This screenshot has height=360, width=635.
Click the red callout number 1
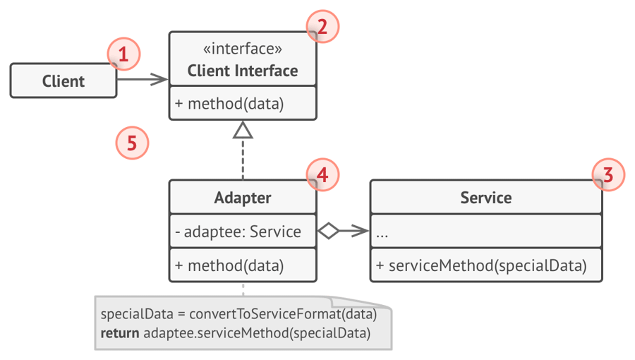click(123, 54)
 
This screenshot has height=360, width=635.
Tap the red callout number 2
click(322, 27)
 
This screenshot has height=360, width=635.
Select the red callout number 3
click(608, 175)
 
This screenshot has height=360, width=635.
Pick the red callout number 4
click(322, 175)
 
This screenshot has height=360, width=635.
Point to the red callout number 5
click(132, 143)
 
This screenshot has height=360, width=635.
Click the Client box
click(64, 80)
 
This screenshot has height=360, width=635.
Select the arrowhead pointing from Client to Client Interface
click(159, 79)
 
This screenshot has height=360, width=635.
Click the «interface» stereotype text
click(243, 49)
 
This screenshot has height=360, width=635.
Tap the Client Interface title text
click(243, 71)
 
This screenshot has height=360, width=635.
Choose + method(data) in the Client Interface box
click(229, 104)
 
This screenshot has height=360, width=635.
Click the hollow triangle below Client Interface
click(243, 131)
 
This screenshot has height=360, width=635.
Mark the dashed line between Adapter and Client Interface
click(243, 159)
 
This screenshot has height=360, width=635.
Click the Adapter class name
click(243, 198)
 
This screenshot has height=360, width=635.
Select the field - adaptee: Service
click(238, 232)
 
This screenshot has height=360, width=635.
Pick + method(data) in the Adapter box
click(229, 266)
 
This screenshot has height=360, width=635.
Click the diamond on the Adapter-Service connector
click(328, 231)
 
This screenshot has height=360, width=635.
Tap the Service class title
click(486, 198)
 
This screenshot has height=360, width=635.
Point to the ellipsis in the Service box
click(382, 235)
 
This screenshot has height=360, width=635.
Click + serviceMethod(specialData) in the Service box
click(481, 266)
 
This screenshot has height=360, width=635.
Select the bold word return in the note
click(120, 333)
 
